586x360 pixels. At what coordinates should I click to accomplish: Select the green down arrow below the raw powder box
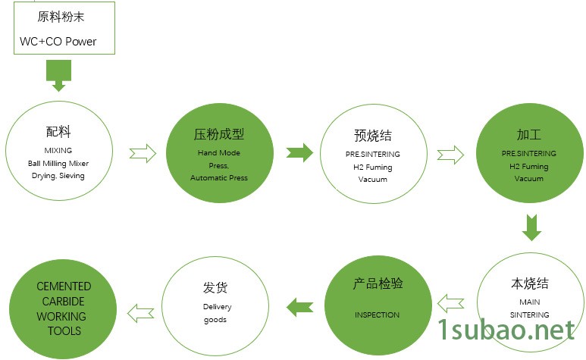(58, 75)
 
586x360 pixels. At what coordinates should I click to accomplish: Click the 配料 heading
(58, 132)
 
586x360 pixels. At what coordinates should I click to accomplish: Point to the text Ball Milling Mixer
(58, 163)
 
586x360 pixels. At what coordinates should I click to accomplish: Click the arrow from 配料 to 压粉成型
(143, 153)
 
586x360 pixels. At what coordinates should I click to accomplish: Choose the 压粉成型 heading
(219, 135)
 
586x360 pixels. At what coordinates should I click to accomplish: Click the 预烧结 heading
(372, 136)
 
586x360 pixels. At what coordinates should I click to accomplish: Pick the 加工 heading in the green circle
(528, 135)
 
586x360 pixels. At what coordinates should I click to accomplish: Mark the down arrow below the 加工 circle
(532, 227)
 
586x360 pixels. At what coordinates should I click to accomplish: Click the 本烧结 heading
(529, 284)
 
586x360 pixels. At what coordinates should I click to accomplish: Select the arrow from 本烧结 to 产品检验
(451, 304)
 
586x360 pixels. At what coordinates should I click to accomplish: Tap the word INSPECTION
(377, 314)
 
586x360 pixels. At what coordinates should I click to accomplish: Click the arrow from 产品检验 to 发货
(299, 307)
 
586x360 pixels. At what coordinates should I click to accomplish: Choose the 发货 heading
(215, 288)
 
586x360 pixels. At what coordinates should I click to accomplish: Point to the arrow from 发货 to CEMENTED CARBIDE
(141, 311)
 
